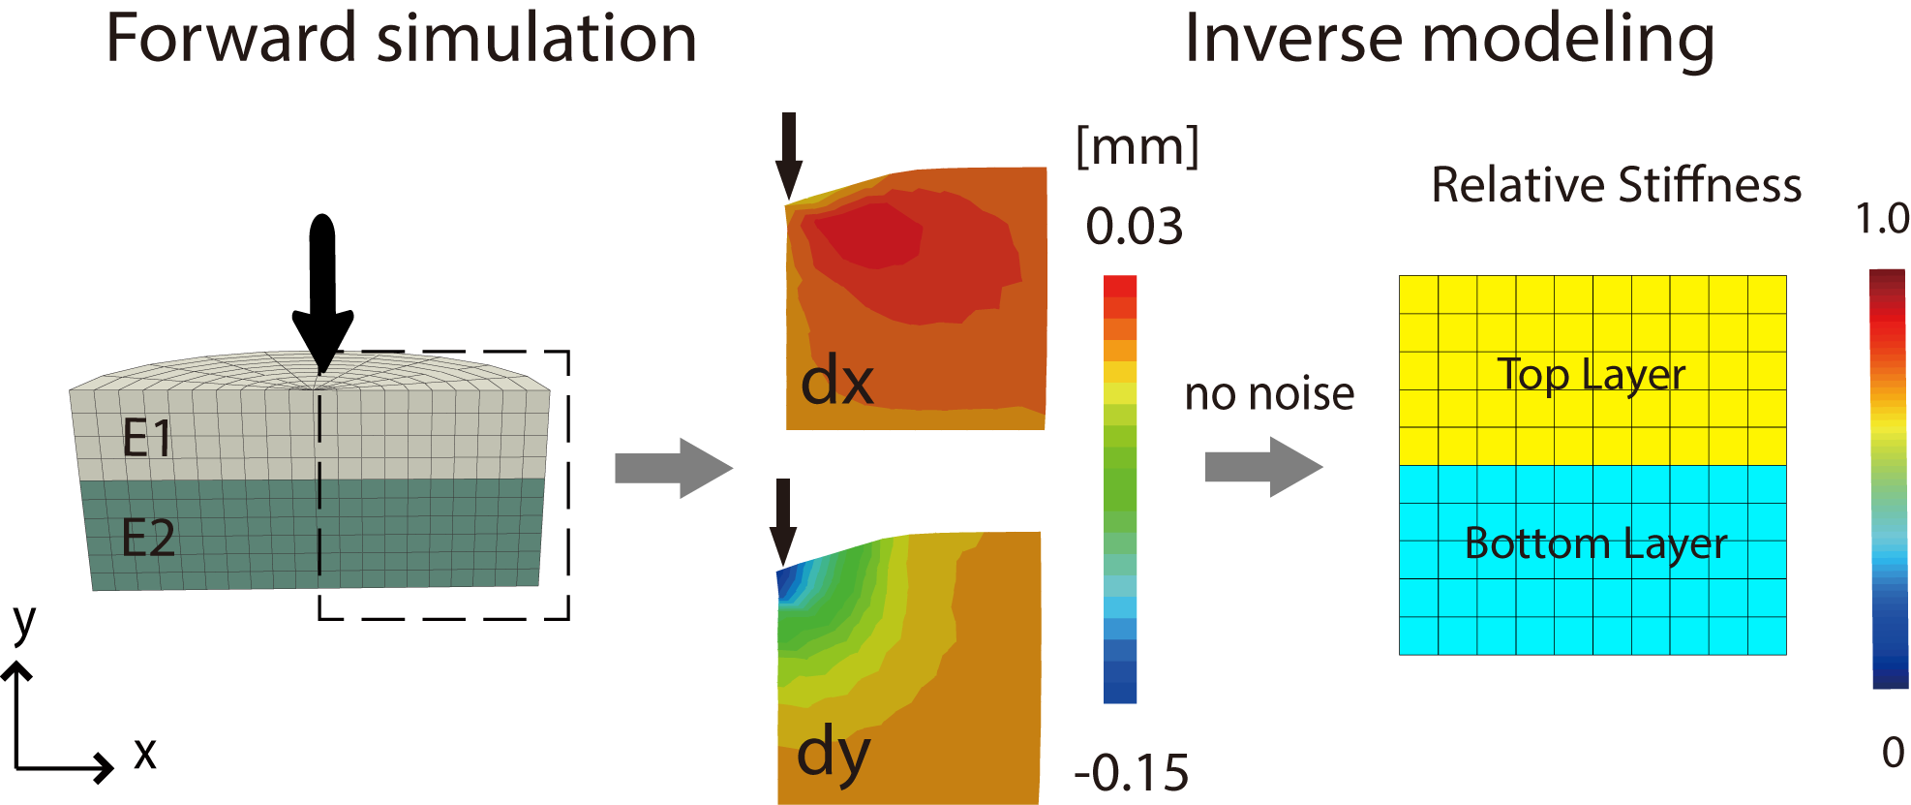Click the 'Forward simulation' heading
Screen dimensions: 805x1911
point(401,39)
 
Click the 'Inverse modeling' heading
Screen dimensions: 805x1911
point(1449,39)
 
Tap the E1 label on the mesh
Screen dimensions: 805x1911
point(147,438)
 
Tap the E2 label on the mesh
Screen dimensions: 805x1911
point(148,538)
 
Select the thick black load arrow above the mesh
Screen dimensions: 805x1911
point(322,291)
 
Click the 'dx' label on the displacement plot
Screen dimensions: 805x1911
point(837,382)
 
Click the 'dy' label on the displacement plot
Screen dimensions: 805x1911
point(834,754)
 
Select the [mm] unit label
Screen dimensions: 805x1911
point(1137,147)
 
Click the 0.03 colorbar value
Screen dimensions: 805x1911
point(1134,227)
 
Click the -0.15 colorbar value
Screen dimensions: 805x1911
point(1132,773)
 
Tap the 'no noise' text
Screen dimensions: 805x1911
point(1269,394)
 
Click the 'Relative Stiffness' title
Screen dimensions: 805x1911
point(1616,185)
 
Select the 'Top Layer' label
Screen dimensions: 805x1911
point(1592,374)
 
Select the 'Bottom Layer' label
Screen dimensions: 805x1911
point(1595,543)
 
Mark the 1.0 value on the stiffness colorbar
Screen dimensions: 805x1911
point(1882,219)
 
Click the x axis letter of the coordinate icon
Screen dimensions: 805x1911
point(145,753)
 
